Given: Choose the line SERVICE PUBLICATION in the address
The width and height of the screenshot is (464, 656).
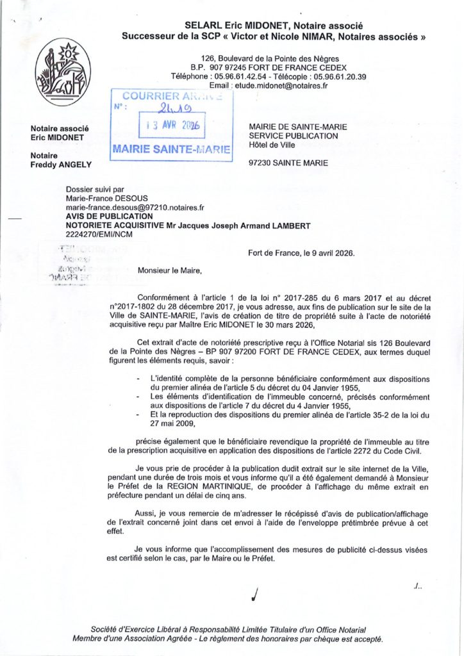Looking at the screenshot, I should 293,136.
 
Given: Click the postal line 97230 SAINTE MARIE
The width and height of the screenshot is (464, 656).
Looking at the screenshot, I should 288,163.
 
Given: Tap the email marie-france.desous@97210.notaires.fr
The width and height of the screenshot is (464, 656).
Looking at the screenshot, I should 135,208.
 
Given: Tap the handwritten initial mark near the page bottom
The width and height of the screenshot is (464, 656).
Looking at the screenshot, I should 256,595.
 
